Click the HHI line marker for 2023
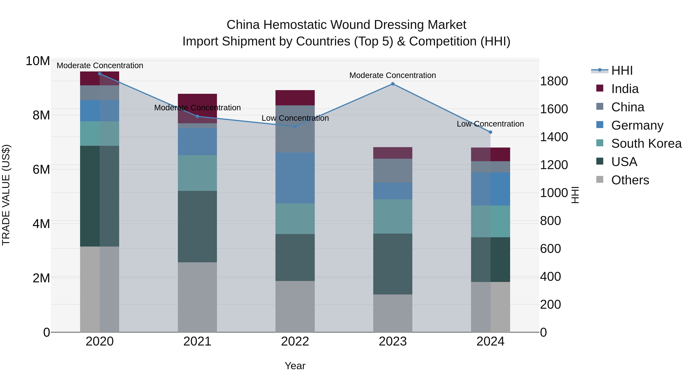393,84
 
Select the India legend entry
624,89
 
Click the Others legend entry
630,180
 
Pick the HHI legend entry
622,70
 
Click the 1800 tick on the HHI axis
554,81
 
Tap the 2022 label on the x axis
295,341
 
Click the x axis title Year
295,366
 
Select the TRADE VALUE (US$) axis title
6,195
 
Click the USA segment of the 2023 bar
393,264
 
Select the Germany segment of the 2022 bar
295,178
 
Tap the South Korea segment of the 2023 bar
393,216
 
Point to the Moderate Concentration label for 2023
393,75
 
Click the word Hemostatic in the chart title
295,25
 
